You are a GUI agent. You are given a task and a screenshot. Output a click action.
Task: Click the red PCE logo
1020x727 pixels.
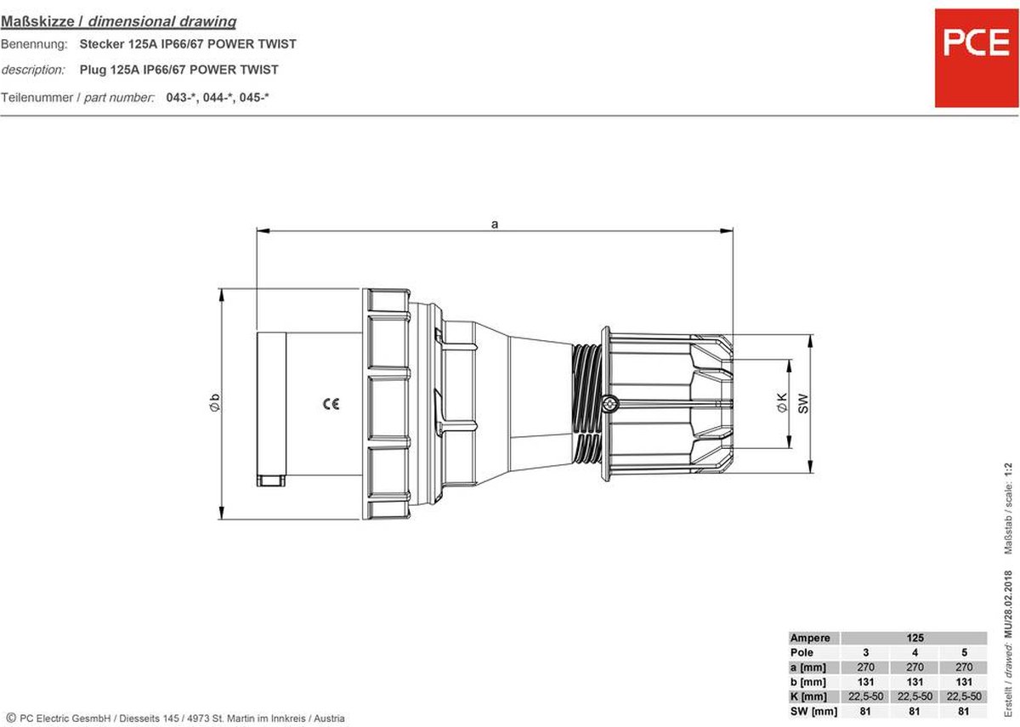[975, 58]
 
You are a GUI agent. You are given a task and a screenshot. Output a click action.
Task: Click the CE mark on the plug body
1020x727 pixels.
[331, 405]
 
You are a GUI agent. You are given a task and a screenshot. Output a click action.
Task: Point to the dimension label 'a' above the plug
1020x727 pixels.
[495, 224]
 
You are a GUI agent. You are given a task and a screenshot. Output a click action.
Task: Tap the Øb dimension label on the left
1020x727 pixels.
[214, 405]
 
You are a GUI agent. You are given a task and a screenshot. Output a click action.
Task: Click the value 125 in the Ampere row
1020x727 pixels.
[914, 638]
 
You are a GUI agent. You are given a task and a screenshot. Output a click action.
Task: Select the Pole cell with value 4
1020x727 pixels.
[915, 652]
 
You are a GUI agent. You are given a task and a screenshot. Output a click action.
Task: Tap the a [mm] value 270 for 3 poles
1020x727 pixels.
[864, 667]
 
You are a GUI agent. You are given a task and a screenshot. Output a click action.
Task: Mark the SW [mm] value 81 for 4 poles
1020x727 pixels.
[915, 711]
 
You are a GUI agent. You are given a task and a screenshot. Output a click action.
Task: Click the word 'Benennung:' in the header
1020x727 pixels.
[33, 43]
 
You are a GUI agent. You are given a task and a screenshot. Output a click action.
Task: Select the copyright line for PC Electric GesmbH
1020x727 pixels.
[173, 718]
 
